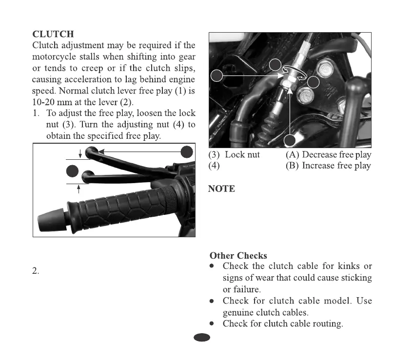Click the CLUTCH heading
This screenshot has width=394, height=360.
[53, 34]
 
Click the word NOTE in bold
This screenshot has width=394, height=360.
[221, 189]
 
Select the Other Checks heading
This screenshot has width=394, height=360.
[238, 255]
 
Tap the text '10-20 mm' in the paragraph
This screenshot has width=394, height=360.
[49, 102]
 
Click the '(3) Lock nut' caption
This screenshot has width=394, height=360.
[234, 155]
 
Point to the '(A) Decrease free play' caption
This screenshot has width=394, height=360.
[328, 155]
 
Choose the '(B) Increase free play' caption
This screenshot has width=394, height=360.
[328, 166]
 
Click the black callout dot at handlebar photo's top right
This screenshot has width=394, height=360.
[187, 152]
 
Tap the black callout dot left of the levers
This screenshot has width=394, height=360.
[72, 171]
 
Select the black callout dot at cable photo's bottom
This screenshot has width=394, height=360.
[290, 141]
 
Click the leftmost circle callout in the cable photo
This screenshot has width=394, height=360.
[218, 75]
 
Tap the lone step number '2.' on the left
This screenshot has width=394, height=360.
[36, 271]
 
